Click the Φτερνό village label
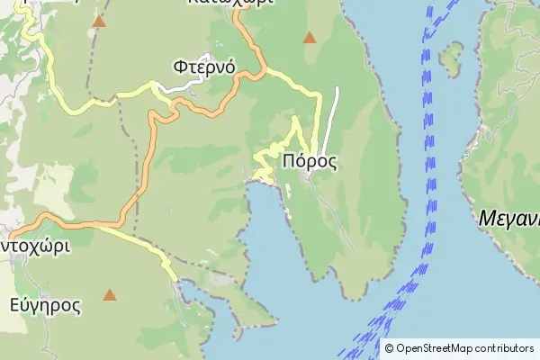click(x=204, y=67)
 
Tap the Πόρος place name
click(x=309, y=162)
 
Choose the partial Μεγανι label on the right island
click(x=508, y=217)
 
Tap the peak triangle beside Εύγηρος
click(x=110, y=294)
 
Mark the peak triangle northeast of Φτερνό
click(x=310, y=38)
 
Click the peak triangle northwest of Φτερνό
click(x=98, y=22)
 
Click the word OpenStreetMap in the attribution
click(x=438, y=348)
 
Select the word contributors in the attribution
click(x=507, y=348)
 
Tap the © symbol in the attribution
click(x=389, y=348)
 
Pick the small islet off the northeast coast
click(x=451, y=59)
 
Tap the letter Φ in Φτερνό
click(x=180, y=67)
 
